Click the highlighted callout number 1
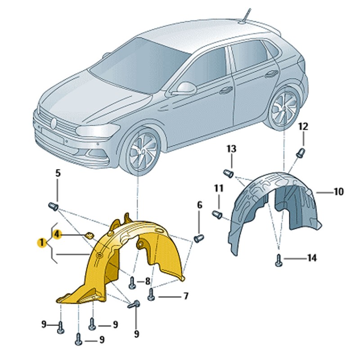pos(42,243)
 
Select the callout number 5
pos(58,173)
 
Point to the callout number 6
pos(200,205)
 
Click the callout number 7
pos(186,296)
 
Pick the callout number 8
pos(148,281)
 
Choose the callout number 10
pos(339,192)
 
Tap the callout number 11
pos(219,188)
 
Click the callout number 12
pos(303,126)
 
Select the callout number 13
pos(231,149)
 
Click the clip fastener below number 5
pos(53,207)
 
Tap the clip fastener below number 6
pos(199,238)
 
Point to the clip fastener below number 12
pos(301,153)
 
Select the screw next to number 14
pos(279,261)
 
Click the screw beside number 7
pos(151,295)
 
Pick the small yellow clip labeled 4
pos(89,235)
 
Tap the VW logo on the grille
pos(54,123)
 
